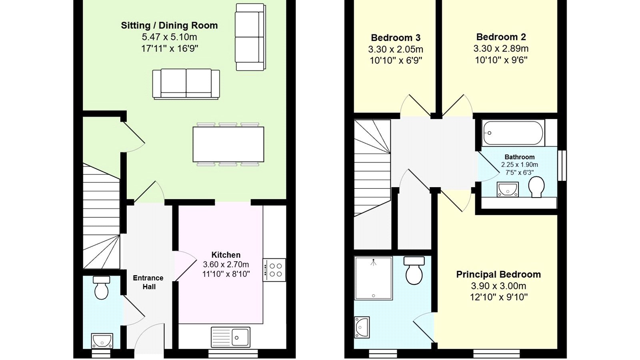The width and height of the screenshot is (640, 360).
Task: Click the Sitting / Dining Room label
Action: click(169, 26)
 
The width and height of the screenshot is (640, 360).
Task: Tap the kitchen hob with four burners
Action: click(274, 270)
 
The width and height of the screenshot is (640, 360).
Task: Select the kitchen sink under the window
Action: click(230, 337)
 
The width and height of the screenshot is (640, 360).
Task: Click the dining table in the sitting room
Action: click(228, 144)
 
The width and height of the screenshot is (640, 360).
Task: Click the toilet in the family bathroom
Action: click(536, 187)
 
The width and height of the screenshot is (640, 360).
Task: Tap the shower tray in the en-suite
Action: click(374, 278)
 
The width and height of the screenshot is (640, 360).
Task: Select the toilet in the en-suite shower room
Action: click(414, 270)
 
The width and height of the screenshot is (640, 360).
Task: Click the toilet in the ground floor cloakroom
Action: click(102, 288)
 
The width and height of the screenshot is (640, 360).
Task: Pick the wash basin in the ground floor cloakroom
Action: click(102, 340)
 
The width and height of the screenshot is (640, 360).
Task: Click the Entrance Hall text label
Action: click(148, 282)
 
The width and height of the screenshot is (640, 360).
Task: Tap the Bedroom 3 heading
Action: click(396, 38)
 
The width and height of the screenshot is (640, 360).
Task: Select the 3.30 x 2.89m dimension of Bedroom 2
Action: click(501, 48)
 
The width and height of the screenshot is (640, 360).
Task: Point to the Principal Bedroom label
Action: click(498, 274)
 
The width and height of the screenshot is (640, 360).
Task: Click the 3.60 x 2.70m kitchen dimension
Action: click(226, 264)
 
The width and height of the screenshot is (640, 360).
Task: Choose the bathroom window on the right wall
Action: click(562, 166)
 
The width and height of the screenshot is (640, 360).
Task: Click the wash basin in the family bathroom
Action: click(508, 190)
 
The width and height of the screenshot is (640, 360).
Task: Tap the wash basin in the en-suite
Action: click(362, 327)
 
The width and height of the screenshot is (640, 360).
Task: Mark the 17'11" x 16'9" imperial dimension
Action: click(170, 48)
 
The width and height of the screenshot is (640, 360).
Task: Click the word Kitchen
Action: click(226, 255)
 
